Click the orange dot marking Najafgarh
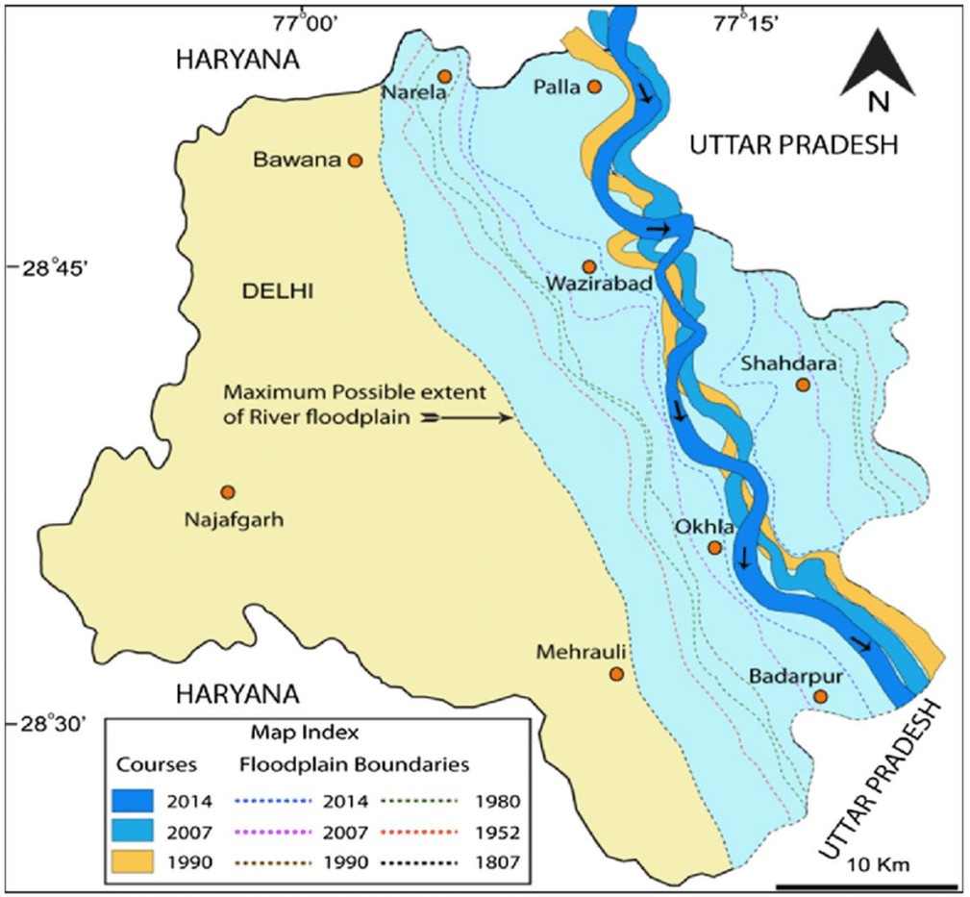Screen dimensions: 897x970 pos(228,491)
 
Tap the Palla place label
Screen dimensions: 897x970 pos(558,87)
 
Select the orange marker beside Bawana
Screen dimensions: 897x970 pos(355,161)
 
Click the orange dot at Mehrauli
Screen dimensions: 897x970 pos(617,675)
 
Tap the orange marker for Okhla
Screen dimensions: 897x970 pos(714,547)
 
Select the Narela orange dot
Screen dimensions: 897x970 pos(444,76)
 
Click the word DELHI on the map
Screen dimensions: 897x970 pos(269,291)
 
